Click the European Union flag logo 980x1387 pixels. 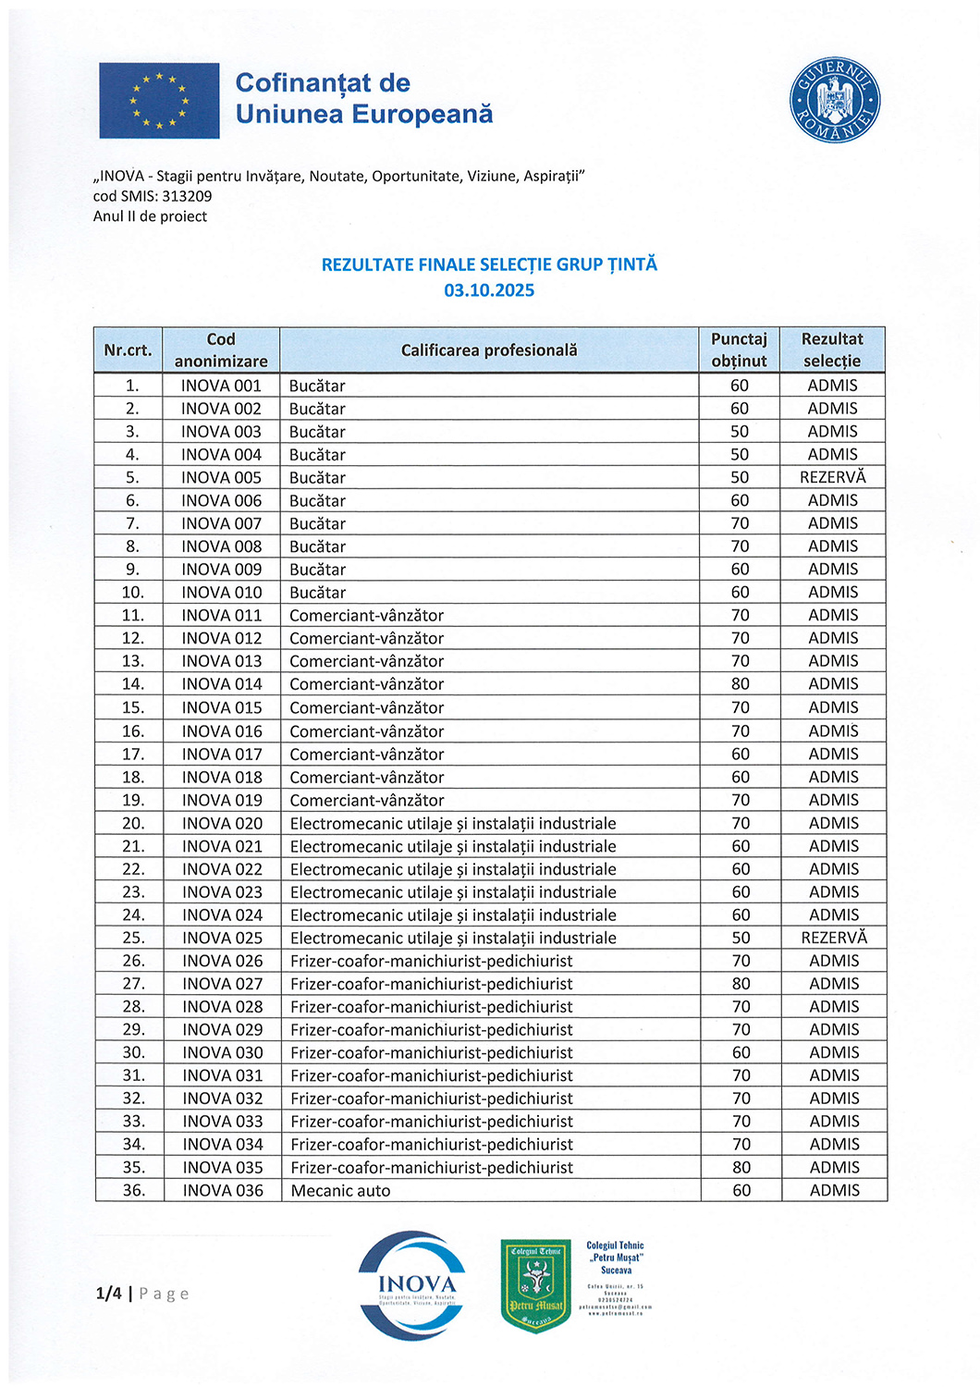159,101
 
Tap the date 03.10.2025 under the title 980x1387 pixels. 489,290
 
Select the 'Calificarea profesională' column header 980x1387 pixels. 489,350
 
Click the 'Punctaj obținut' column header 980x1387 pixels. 739,350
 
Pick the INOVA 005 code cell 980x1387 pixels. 221,477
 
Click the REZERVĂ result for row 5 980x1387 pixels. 832,477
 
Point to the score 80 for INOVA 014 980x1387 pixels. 740,684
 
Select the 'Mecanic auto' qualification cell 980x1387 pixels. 340,1191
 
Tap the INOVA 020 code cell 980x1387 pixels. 222,823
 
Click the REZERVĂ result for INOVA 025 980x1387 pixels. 833,938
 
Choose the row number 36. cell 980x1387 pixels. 133,1191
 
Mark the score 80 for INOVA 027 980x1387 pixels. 741,984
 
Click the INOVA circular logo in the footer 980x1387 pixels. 416,1285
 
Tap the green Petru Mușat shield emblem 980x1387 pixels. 536,1286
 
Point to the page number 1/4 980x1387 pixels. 108,1294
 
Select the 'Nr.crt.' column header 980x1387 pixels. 128,350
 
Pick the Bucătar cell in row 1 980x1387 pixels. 317,386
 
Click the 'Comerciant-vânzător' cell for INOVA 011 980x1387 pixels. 366,616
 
